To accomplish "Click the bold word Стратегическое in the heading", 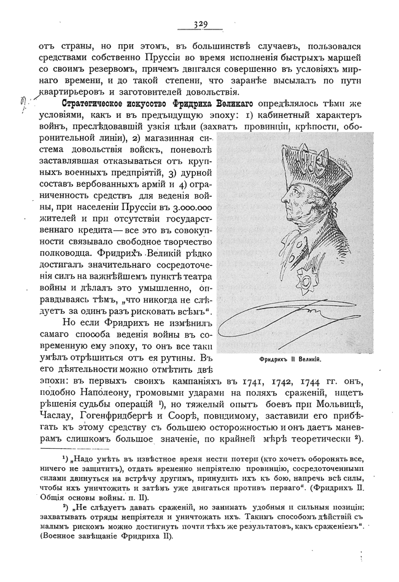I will pyautogui.click(x=96, y=103).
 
